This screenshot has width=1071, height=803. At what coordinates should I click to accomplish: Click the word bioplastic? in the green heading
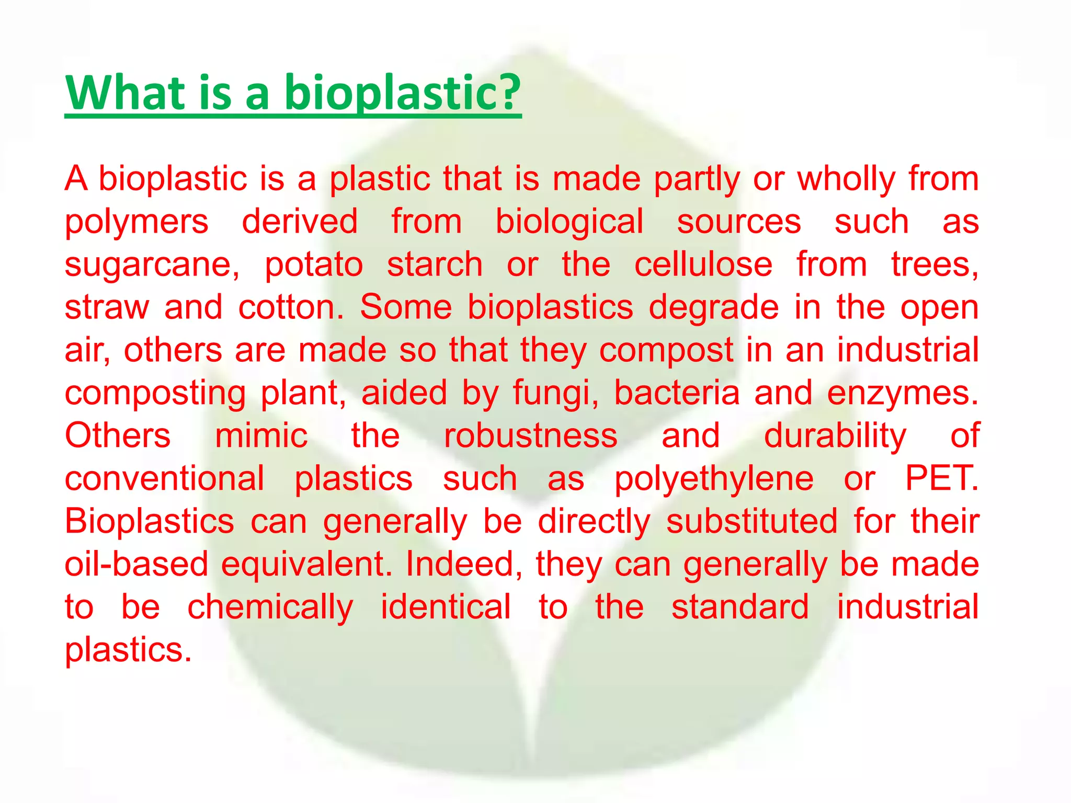pyautogui.click(x=403, y=93)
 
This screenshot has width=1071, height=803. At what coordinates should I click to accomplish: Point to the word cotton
pyautogui.click(x=291, y=308)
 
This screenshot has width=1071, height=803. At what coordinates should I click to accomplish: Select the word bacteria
pyautogui.click(x=677, y=393)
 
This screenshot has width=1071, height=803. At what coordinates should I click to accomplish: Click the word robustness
pyautogui.click(x=531, y=436)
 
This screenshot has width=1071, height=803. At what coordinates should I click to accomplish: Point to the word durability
pyautogui.click(x=835, y=436)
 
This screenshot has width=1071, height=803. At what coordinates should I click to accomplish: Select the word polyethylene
pyautogui.click(x=714, y=479)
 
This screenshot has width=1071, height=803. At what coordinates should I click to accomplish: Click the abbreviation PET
pyautogui.click(x=941, y=478)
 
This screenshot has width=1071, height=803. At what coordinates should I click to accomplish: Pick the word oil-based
pyautogui.click(x=136, y=565)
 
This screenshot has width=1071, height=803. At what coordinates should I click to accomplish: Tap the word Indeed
pyautogui.click(x=464, y=565)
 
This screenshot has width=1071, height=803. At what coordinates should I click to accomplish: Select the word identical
pyautogui.click(x=446, y=607)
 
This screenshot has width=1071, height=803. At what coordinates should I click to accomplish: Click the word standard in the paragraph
pyautogui.click(x=740, y=607)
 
